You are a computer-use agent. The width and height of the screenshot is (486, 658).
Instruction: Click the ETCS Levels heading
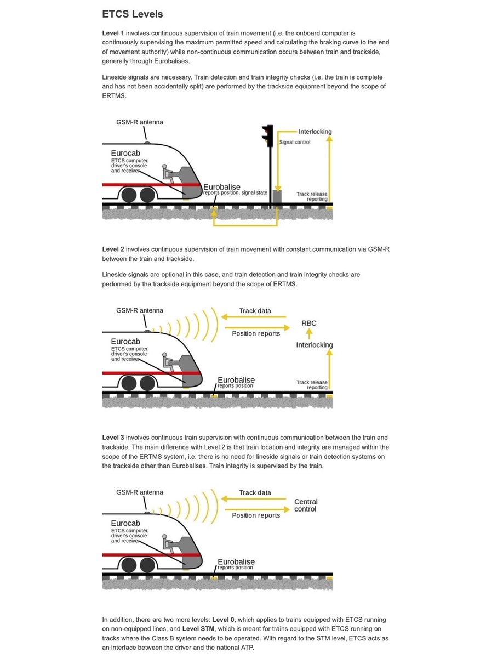132,14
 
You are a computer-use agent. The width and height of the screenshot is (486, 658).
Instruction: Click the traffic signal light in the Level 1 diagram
267,136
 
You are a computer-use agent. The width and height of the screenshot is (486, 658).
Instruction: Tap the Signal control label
294,142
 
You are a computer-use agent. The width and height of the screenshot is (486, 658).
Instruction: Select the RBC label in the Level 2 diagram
308,323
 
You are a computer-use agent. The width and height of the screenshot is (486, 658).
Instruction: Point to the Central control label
305,505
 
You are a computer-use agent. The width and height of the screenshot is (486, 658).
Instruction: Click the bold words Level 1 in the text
113,33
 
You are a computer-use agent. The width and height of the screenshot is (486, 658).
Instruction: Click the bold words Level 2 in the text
113,249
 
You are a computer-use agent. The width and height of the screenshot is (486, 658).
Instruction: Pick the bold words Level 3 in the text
113,437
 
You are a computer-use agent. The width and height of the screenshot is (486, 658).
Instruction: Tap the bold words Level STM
198,628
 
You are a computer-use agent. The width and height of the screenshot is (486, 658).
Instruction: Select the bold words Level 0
224,620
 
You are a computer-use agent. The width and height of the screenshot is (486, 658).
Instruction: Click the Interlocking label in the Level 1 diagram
315,132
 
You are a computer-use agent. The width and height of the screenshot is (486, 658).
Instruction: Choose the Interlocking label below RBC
315,345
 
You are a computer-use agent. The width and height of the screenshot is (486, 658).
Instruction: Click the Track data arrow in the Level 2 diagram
254,317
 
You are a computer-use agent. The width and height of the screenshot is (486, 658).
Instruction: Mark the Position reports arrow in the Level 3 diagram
258,509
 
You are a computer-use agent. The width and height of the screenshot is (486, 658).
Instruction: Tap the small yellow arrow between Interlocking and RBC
309,334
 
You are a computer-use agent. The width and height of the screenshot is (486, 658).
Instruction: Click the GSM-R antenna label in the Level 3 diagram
140,492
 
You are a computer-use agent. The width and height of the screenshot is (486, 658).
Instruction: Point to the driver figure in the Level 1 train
168,174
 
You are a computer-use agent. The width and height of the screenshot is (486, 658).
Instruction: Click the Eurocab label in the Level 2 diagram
125,342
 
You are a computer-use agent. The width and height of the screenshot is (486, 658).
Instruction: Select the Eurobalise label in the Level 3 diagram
236,562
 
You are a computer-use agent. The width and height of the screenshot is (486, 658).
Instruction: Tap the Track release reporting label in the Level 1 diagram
312,196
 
